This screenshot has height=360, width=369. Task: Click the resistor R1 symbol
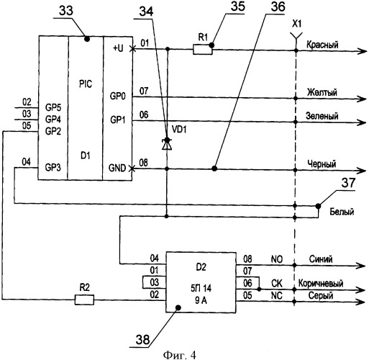203,50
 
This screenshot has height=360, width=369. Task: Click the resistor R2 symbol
84,300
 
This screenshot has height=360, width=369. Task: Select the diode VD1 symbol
167,144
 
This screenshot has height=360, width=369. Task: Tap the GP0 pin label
117,96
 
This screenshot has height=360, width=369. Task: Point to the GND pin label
117,168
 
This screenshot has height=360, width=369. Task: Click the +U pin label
118,48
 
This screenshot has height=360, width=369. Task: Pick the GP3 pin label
53,167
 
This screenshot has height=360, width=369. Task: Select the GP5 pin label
53,107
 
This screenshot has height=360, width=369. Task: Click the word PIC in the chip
86,84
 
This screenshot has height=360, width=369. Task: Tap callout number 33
66,11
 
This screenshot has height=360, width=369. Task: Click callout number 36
278,6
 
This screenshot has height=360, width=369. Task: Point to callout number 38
143,340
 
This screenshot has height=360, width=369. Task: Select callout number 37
348,183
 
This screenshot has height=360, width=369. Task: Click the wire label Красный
322,45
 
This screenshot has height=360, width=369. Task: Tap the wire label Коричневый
321,284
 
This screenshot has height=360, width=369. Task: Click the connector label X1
297,24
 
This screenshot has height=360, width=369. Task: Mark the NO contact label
277,259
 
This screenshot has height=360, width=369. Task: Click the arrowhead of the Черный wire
361,171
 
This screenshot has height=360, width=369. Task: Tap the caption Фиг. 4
180,355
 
